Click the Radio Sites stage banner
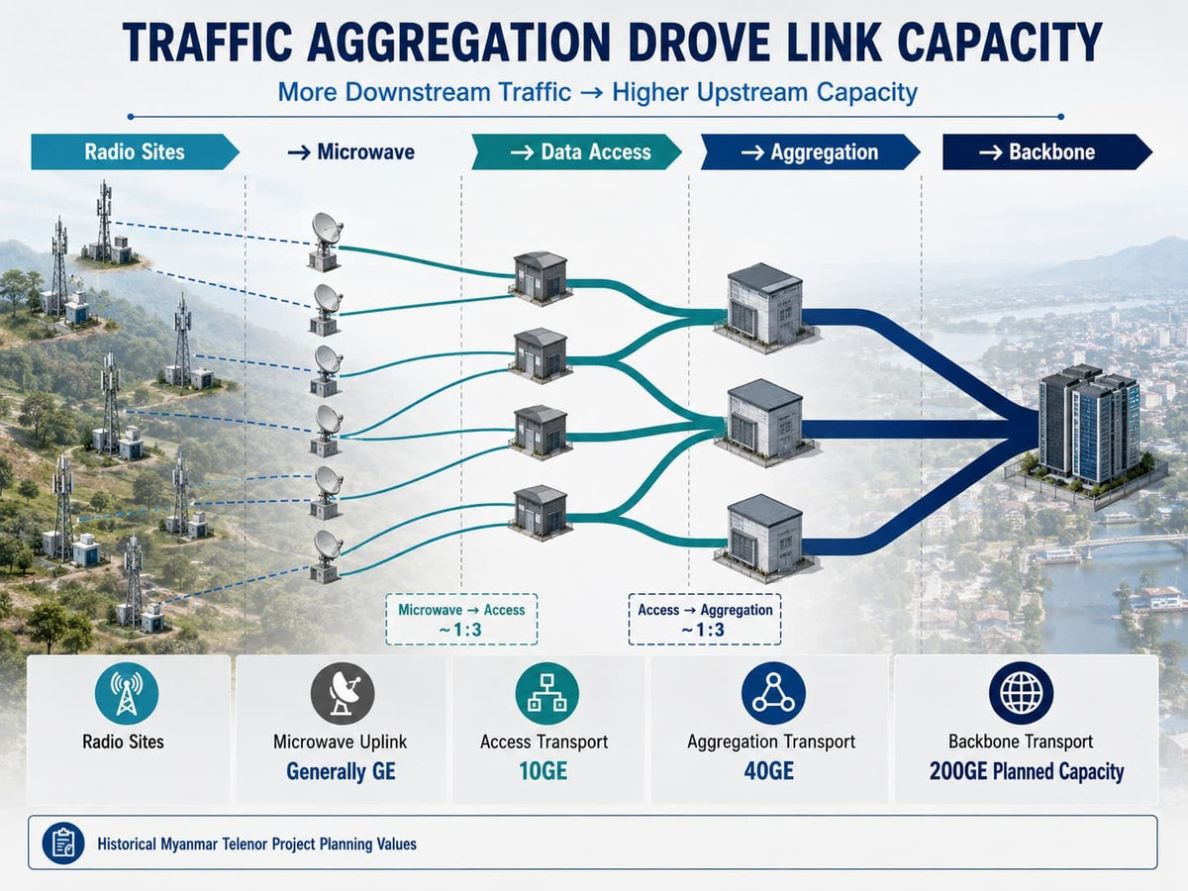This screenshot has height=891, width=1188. tap(135, 152)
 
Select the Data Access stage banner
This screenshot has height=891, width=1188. tap(576, 152)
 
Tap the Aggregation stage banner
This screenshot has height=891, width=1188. tap(810, 152)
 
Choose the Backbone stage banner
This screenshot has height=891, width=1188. tap(1047, 152)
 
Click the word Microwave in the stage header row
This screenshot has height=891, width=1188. tap(366, 152)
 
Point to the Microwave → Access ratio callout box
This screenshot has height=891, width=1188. tap(461, 620)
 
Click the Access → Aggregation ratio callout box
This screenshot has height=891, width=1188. tap(705, 620)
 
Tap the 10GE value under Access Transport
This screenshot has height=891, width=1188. tap(544, 771)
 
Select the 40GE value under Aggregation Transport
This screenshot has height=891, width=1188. tap(769, 771)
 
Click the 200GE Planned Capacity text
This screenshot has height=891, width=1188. tap(1027, 772)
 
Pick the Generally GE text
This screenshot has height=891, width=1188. tap(341, 772)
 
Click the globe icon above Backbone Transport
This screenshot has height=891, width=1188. tap(1022, 693)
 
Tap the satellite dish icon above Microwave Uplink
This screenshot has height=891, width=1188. tap(343, 694)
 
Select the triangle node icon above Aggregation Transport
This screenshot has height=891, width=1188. tap(773, 693)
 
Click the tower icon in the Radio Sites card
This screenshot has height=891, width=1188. tap(127, 694)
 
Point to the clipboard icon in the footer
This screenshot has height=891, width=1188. tap(63, 843)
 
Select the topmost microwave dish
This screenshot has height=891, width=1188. tap(327, 242)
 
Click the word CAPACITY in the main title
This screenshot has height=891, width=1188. tap(1000, 43)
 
